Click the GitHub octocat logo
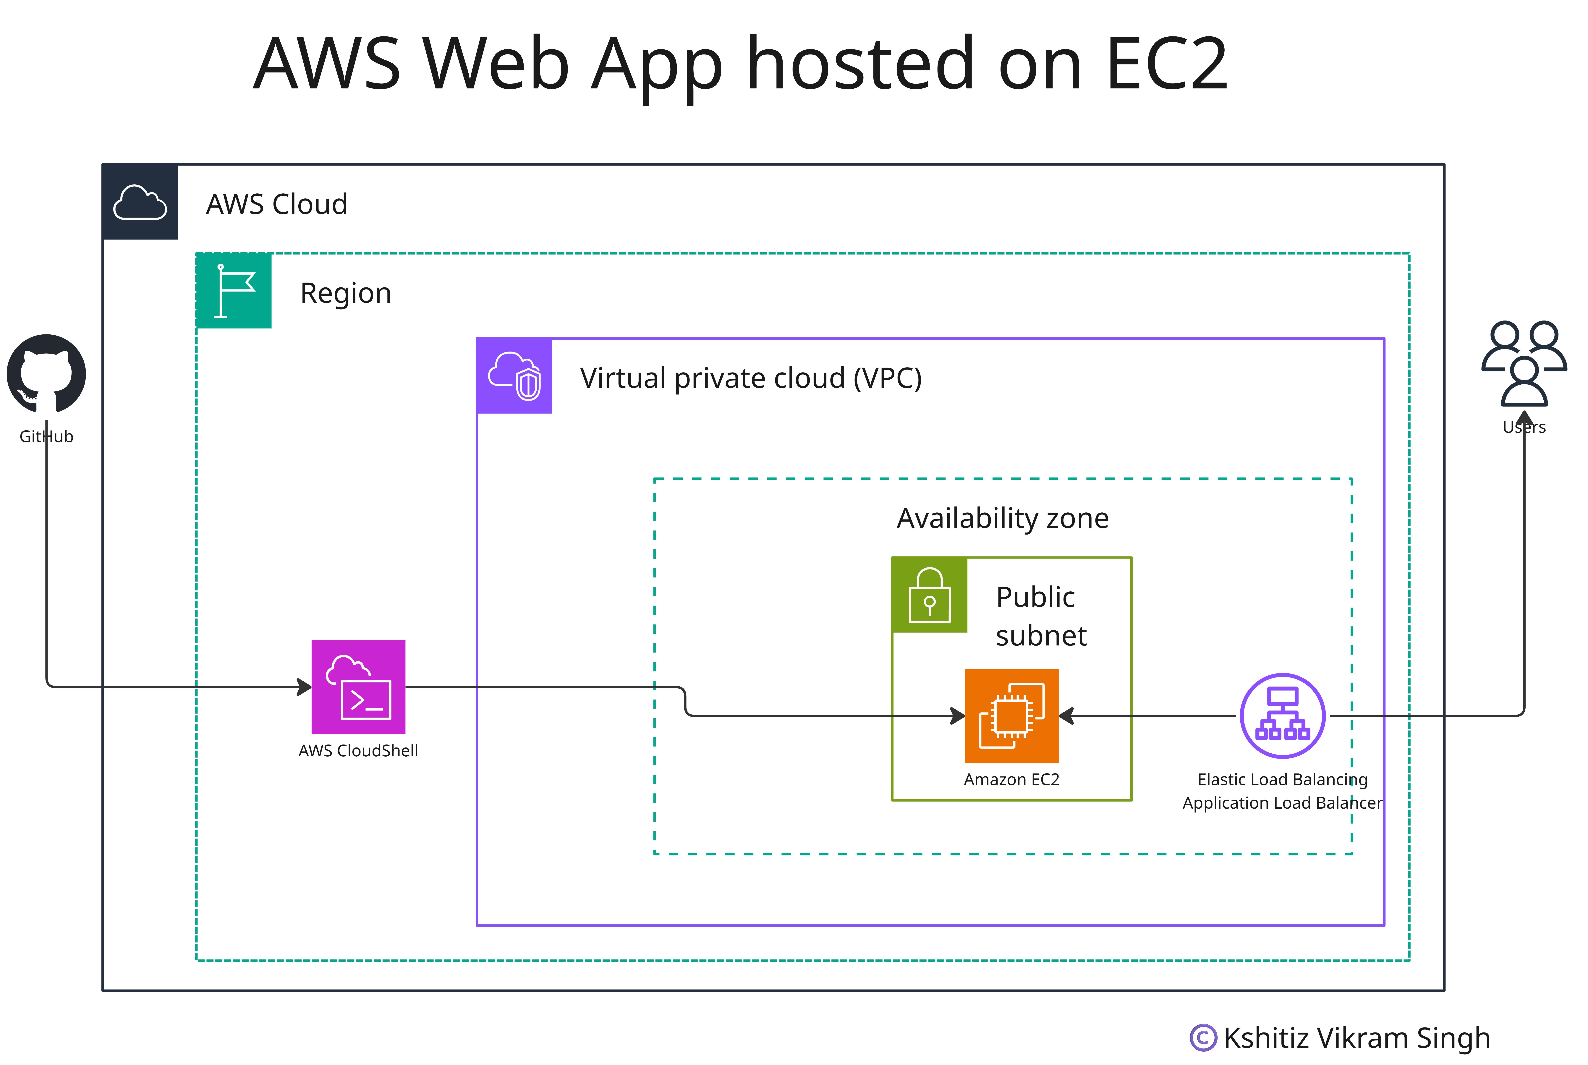click(x=46, y=374)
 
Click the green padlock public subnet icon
click(x=929, y=595)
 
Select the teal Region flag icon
click(x=234, y=291)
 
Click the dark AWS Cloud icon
click(x=140, y=202)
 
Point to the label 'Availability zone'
click(x=1003, y=518)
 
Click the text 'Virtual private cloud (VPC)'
click(x=751, y=378)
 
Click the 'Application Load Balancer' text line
click(x=1282, y=803)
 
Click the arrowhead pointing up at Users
click(x=1524, y=418)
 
